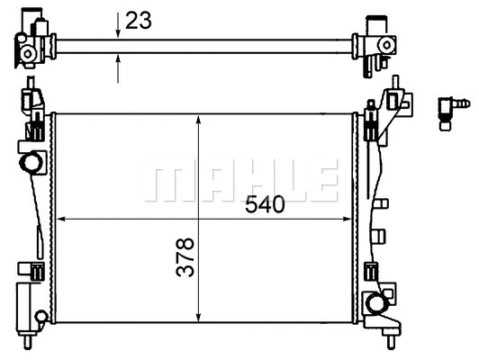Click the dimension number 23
point(138,21)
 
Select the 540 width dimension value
point(266,205)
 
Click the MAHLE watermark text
point(240,181)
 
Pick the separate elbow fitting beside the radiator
point(449,111)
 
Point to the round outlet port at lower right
point(372,303)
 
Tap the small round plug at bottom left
point(41,316)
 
